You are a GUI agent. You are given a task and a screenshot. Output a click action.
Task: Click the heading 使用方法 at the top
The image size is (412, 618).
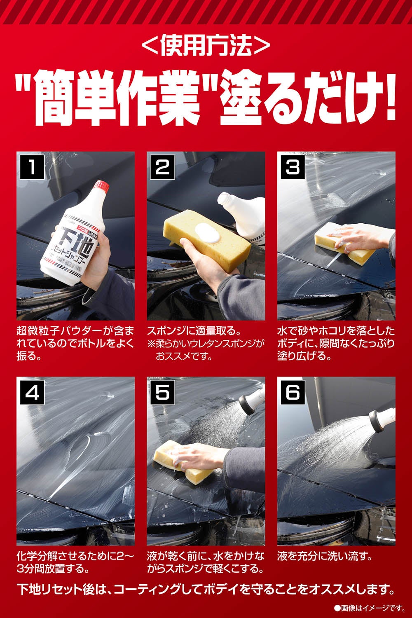coord(206,45)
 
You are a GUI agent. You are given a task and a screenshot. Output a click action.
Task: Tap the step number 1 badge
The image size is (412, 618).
coord(32,167)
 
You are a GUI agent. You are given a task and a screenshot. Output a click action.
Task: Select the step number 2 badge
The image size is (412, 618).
coord(163,167)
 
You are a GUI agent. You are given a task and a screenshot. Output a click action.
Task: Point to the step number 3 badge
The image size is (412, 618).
coord(293,167)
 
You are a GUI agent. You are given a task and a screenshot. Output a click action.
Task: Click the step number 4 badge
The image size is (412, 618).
coord(32,392)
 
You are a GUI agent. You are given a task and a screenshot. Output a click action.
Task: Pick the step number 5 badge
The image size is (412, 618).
coord(163,392)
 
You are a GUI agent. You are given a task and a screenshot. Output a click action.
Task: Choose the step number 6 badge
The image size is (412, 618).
coord(293,392)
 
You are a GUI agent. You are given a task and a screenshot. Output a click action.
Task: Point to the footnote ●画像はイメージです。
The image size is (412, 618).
coord(370,608)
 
